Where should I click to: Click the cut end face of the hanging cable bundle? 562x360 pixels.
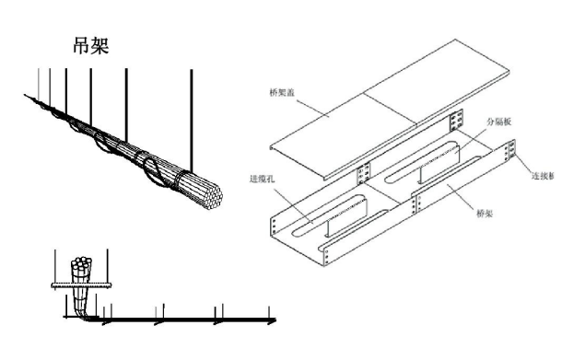pos(206,194)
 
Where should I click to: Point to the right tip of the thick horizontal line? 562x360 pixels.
pos(274,321)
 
